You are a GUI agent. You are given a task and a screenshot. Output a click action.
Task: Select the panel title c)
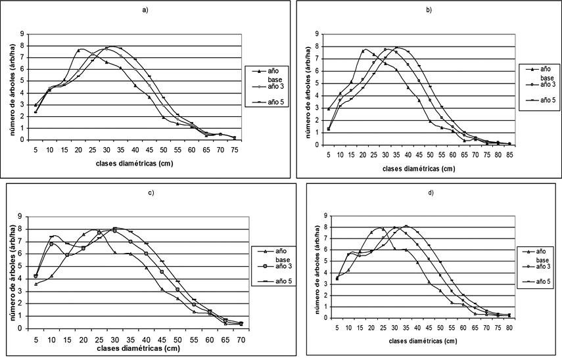(145, 194)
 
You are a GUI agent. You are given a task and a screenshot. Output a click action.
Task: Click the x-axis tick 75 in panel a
(234, 150)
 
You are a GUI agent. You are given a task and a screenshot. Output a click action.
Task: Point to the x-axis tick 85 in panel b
(509, 154)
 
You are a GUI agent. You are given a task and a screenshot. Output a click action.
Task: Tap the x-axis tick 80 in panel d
(509, 328)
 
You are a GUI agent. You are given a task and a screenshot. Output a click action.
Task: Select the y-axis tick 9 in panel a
(22, 34)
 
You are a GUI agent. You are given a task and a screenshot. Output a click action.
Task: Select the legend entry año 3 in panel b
(542, 84)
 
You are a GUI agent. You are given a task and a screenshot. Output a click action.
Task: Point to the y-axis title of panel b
(306, 89)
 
